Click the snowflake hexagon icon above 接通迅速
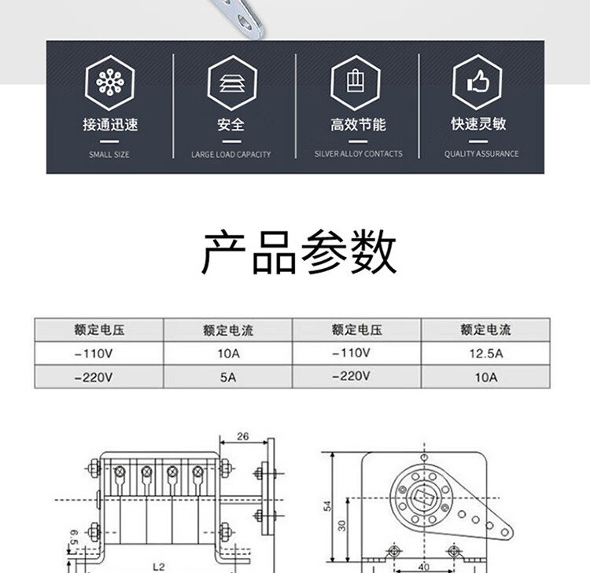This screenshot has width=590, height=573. click(109, 83)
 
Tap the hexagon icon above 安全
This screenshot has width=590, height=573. click(231, 83)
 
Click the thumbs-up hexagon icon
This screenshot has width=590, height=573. click(478, 83)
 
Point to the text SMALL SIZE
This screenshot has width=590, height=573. click(109, 154)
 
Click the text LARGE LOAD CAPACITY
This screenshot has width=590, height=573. click(231, 154)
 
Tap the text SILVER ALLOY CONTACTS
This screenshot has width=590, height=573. click(358, 154)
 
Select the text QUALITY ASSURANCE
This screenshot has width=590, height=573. click(481, 154)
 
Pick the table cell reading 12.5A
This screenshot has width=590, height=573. click(485, 354)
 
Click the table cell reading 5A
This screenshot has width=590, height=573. click(228, 377)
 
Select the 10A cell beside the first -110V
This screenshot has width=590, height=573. click(228, 354)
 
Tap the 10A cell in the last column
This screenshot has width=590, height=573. click(485, 377)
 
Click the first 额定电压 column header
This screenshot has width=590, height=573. click(98, 330)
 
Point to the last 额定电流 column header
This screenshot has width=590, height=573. click(485, 330)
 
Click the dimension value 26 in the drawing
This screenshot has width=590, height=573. click(242, 437)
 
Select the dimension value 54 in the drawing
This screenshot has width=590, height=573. click(327, 507)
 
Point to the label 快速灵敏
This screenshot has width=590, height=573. click(478, 124)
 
